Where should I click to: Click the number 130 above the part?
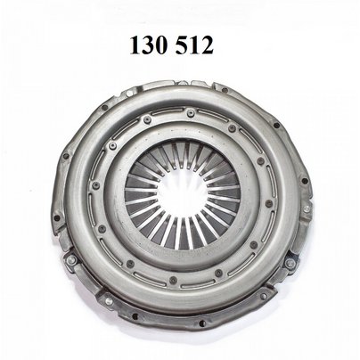(x=148, y=45)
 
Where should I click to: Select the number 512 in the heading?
(x=194, y=45)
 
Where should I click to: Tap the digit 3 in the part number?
(x=148, y=45)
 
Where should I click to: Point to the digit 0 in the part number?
(x=160, y=45)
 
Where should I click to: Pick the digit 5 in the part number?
(x=182, y=45)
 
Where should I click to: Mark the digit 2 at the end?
(x=207, y=45)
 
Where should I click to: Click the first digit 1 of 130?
(x=135, y=45)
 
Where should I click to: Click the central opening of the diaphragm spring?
(x=182, y=195)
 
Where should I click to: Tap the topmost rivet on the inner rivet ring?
(x=191, y=113)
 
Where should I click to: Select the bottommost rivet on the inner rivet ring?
(x=173, y=280)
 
